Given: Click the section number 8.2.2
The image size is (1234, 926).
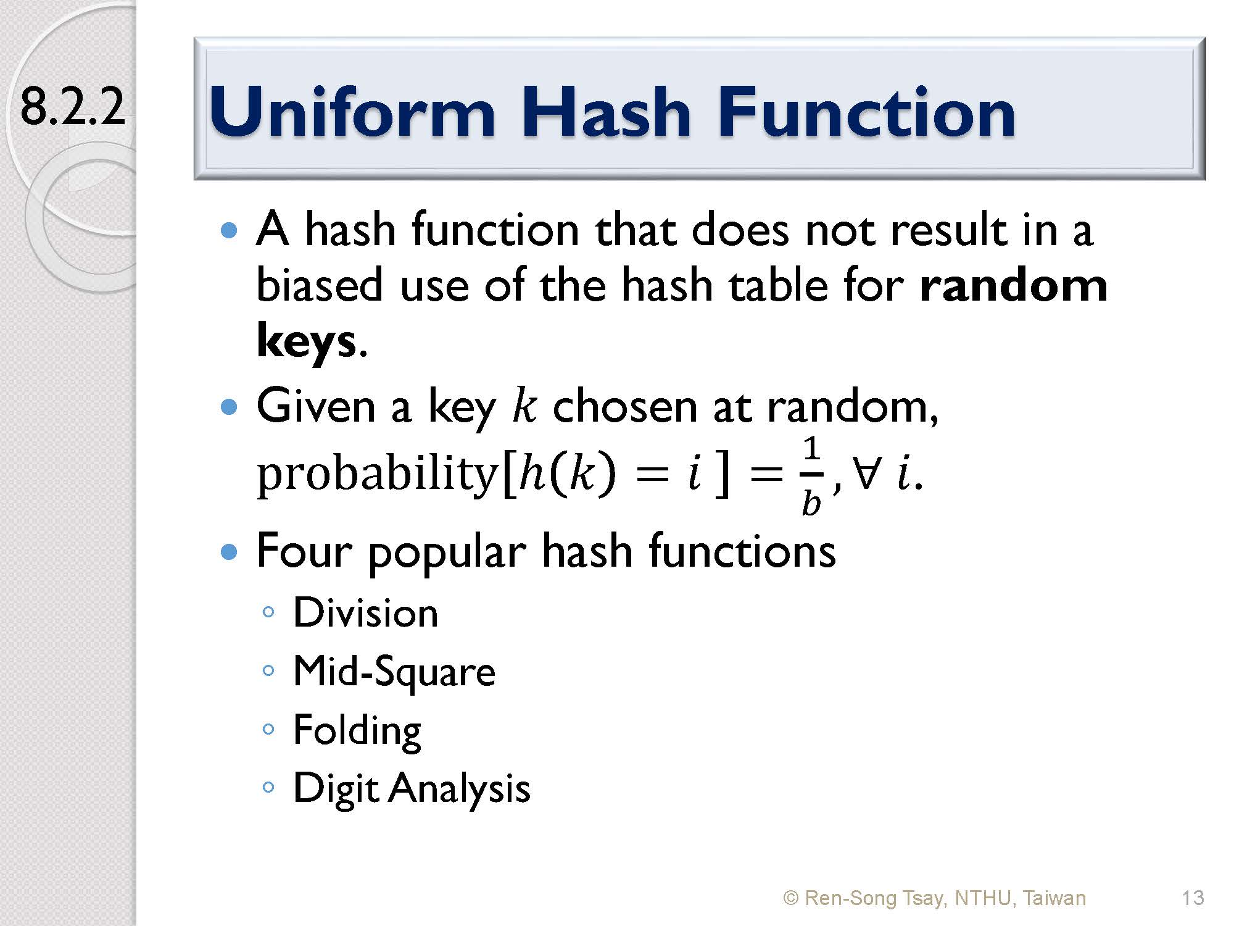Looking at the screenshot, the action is point(73,107).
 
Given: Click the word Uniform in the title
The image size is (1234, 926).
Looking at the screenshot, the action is point(352,112).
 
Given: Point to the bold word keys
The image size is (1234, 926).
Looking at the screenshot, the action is point(306,341).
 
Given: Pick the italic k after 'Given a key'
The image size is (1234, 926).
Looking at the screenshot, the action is point(524,407).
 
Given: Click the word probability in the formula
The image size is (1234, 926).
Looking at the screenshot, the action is point(377,475).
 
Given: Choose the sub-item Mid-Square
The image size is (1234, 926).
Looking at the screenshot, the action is point(394,672).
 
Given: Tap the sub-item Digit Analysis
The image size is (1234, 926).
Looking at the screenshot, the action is point(412,789).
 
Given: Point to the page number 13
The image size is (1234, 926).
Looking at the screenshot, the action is point(1193,898).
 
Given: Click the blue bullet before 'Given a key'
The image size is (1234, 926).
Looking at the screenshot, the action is point(229,407).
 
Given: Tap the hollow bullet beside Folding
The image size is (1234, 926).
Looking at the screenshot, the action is point(268,729).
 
